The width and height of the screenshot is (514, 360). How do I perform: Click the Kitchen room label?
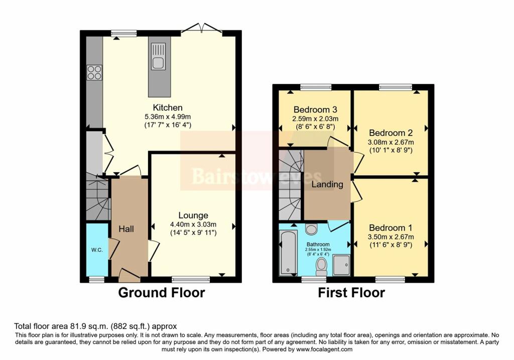168,107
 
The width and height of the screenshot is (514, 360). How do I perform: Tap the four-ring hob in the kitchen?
94,72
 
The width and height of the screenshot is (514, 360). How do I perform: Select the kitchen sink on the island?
158,57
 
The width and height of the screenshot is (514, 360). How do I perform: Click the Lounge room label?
193,215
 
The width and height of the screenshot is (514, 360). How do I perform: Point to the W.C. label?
97,250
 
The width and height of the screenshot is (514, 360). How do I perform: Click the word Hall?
126,229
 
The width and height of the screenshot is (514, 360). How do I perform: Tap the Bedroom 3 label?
315,109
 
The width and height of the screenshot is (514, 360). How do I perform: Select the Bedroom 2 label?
391,133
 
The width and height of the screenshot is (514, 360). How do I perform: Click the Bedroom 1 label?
391,227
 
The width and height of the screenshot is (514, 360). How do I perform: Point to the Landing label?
327,184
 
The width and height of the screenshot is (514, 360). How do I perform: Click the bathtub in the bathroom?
288,253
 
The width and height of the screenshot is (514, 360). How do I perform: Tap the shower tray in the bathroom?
341,265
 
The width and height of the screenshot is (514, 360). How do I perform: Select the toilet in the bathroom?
321,266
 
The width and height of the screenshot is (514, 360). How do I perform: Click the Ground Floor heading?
161,292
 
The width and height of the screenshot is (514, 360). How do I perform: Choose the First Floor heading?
351,292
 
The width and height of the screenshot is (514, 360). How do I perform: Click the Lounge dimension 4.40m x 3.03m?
193,224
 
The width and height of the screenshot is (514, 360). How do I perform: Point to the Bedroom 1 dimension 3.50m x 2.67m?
391,236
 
